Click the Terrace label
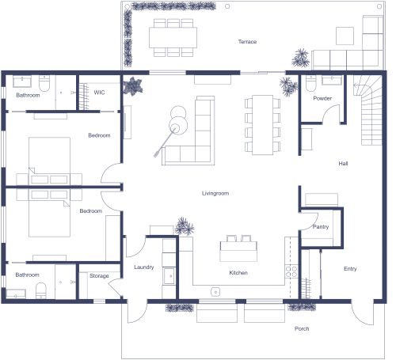tap(248, 41)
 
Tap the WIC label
tap(99, 93)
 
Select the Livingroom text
tap(215, 192)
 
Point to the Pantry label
tap(321, 227)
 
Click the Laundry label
tap(143, 267)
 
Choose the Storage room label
tap(98, 276)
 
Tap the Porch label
tap(301, 328)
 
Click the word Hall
tap(343, 164)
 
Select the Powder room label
tap(322, 98)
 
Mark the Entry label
tap(349, 268)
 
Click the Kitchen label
tap(238, 272)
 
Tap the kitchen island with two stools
tap(238, 252)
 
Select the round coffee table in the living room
tap(177, 123)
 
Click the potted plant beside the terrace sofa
tap(300, 57)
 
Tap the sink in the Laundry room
tap(168, 275)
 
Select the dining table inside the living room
tap(261, 125)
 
